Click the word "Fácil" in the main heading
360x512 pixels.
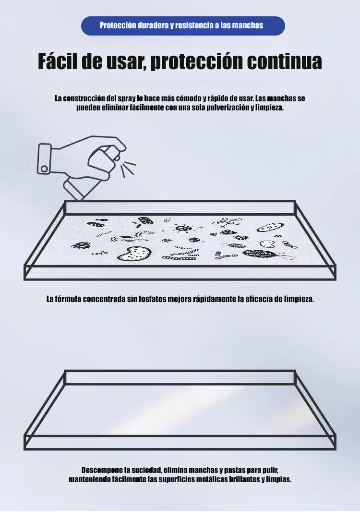click(58, 61)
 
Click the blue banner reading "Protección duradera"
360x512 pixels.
click(183, 26)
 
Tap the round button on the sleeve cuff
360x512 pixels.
click(44, 169)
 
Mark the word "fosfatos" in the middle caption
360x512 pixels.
click(153, 299)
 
